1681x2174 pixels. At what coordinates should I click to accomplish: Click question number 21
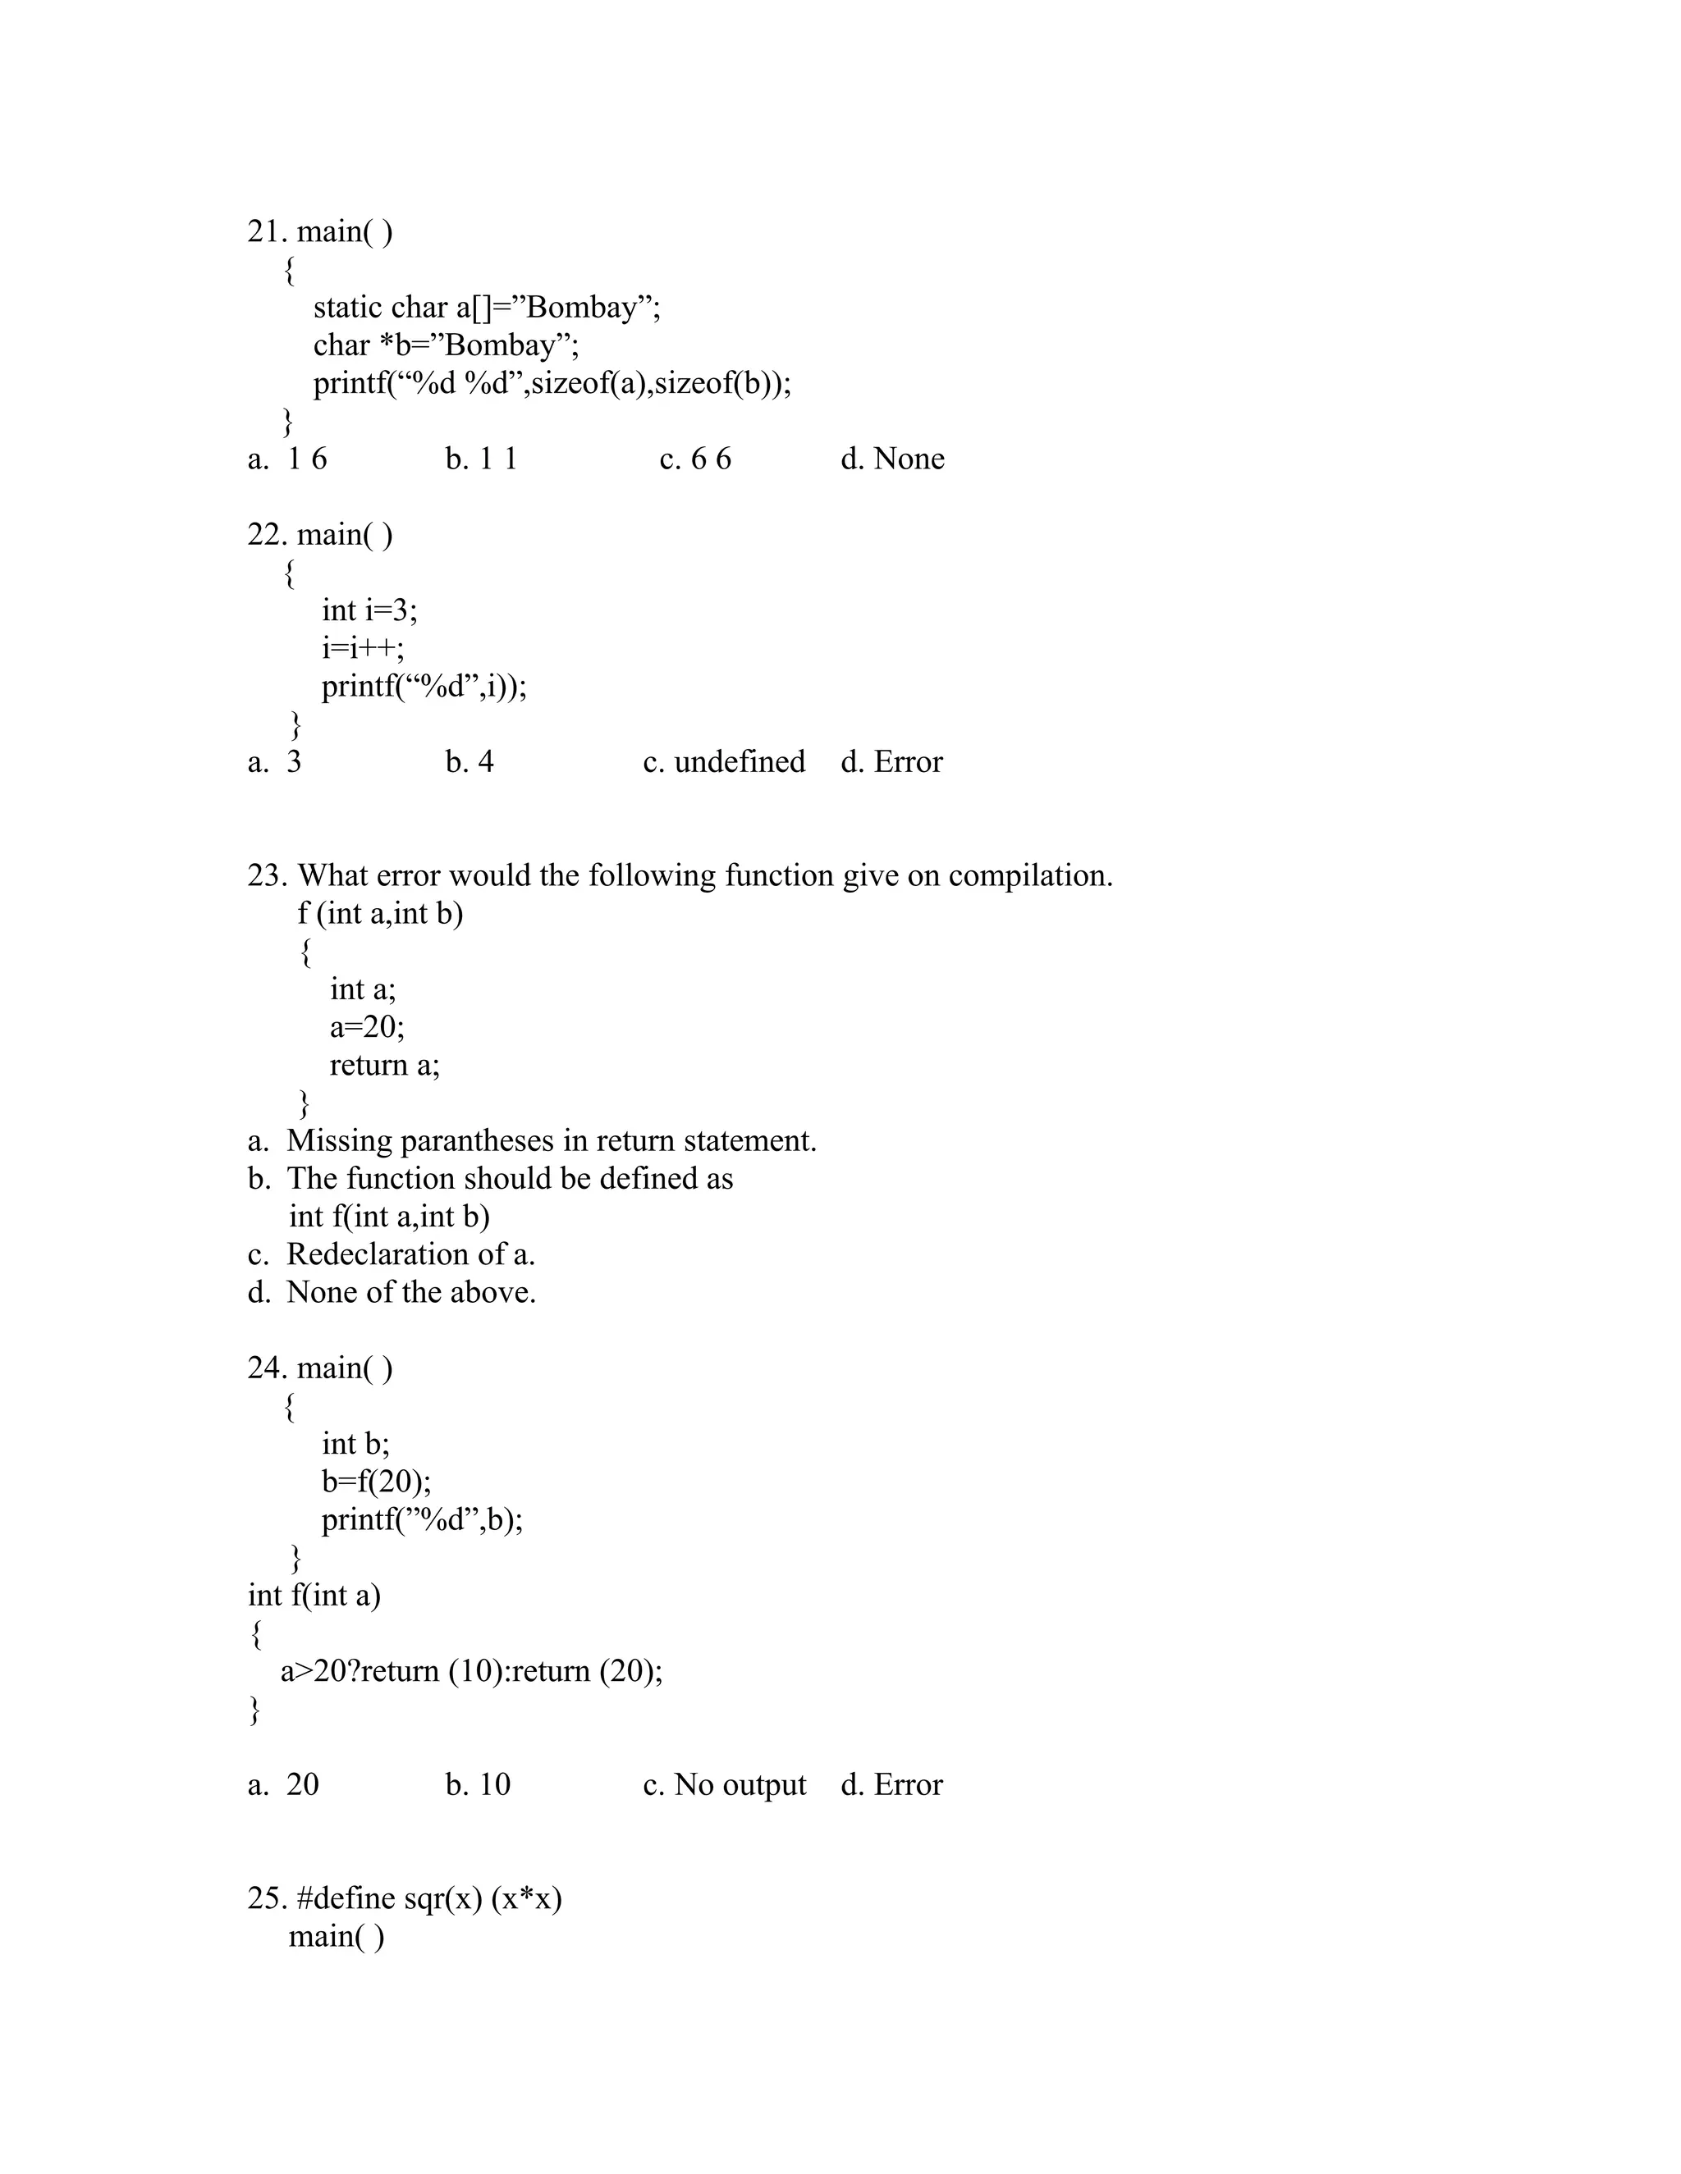267,232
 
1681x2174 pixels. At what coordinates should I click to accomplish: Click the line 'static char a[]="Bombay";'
486,308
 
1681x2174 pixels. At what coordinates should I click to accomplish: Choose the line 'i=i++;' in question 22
363,648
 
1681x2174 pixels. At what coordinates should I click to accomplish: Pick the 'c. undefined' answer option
724,761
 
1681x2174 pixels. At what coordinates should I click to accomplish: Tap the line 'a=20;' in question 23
366,1026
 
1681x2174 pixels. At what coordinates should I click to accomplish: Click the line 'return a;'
384,1065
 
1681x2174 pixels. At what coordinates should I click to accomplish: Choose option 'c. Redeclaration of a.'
392,1254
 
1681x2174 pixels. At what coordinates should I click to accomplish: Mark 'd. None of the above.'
392,1292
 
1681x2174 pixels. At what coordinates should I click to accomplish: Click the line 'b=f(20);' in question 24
377,1482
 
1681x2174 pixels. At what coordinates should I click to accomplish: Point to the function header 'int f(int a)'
314,1596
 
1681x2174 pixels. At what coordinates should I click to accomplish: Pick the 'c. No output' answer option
724,1785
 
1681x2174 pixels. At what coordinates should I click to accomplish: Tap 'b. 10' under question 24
478,1785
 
